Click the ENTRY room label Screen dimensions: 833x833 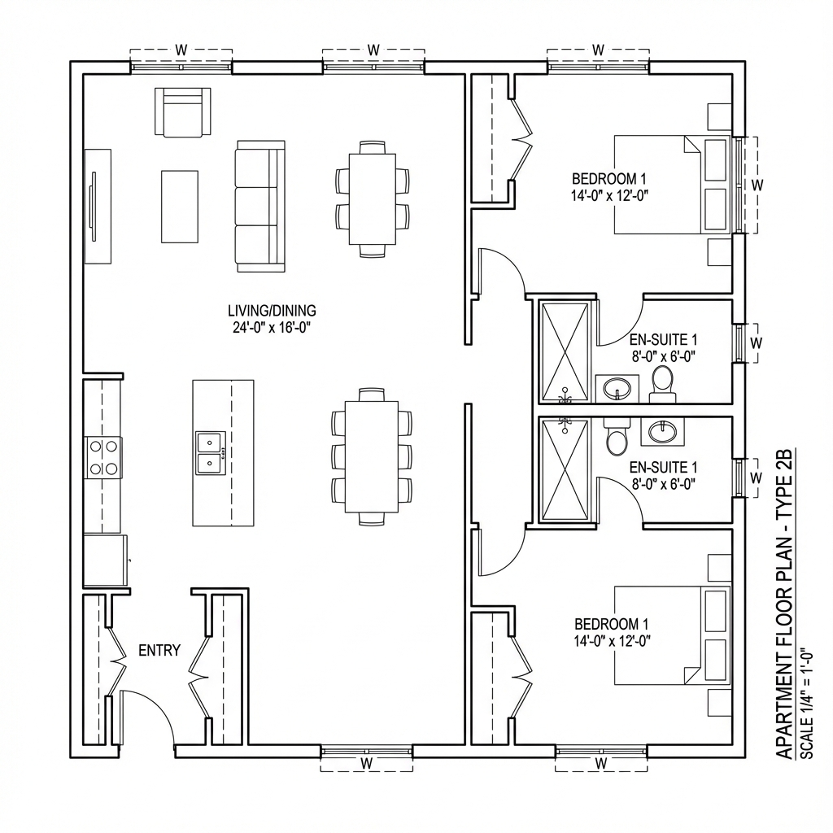tap(159, 650)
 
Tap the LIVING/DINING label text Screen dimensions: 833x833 tap(272, 311)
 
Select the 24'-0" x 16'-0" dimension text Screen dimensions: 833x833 tap(272, 327)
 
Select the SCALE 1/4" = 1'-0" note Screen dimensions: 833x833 tap(806, 704)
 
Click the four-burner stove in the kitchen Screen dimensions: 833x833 tap(102, 456)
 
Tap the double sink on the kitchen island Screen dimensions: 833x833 tap(210, 452)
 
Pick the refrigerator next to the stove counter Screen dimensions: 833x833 tap(106, 560)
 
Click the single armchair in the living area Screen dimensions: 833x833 tap(182, 111)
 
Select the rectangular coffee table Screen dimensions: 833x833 tap(180, 207)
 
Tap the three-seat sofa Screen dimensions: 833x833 tap(260, 206)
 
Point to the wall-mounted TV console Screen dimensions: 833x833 tap(98, 206)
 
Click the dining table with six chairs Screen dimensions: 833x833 tap(372, 199)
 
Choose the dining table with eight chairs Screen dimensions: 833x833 tap(372, 456)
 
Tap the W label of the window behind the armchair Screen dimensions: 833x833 tap(181, 50)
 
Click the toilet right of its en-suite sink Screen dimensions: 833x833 tap(662, 382)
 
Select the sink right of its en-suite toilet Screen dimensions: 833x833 tap(662, 430)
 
